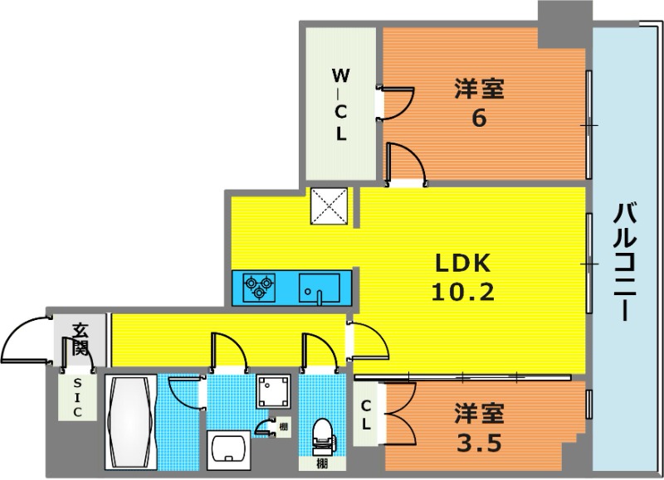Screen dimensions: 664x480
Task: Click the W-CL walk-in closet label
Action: [341, 105]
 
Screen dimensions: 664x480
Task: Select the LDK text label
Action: [463, 264]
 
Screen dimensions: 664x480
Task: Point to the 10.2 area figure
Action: [463, 291]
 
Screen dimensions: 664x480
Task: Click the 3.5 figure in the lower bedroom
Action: [480, 443]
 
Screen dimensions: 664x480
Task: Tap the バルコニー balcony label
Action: [625, 262]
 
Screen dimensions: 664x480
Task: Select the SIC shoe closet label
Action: [77, 398]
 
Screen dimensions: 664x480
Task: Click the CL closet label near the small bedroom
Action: [366, 415]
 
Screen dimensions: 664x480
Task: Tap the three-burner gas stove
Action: [259, 287]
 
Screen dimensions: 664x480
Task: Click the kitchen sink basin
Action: [319, 288]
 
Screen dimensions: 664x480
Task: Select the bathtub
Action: [130, 421]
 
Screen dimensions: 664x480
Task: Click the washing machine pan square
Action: [274, 391]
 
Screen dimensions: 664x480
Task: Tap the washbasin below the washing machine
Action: [228, 450]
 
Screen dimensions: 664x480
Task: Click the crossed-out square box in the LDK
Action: [329, 206]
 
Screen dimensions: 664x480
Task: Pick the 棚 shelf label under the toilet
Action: [322, 464]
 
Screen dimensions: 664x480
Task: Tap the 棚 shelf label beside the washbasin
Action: [283, 427]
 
